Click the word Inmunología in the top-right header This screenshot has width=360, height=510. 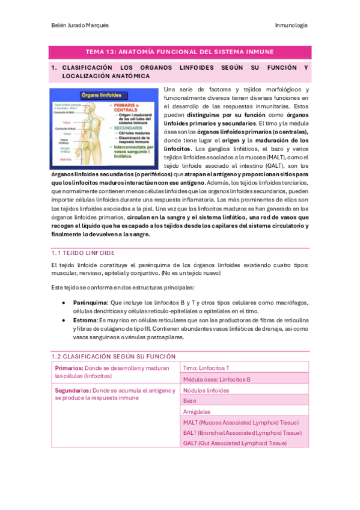click(x=291, y=25)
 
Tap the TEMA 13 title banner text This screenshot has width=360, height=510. click(x=180, y=52)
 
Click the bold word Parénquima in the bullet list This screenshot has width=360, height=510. click(x=90, y=303)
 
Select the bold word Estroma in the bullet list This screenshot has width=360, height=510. click(x=85, y=321)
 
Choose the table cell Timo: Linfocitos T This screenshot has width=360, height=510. click(x=206, y=367)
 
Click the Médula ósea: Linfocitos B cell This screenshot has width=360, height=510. click(x=216, y=379)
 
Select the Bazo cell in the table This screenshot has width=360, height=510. click(x=189, y=401)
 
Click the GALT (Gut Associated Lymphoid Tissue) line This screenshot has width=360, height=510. click(x=234, y=443)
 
